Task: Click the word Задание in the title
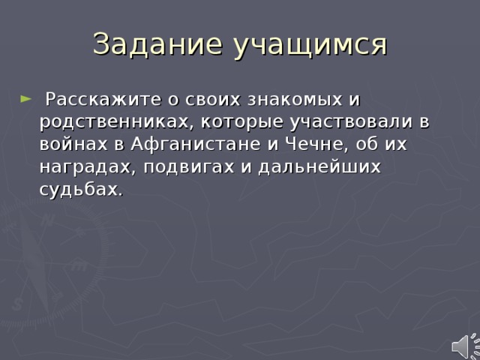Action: tap(158, 44)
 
